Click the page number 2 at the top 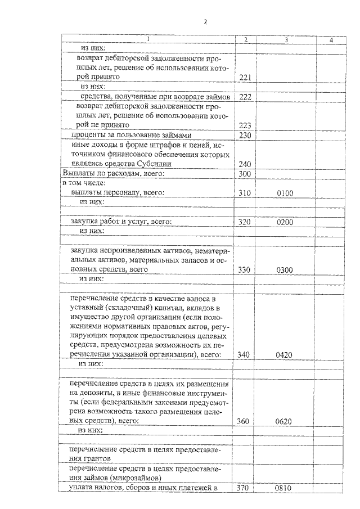[205, 22]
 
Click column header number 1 [147, 39]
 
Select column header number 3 [286, 39]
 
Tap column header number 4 [331, 39]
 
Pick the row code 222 [245, 97]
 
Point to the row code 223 [245, 125]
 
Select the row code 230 [245, 135]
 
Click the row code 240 [245, 164]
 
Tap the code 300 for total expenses [245, 174]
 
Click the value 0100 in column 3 [286, 193]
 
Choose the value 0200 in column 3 [286, 222]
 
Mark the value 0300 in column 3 [286, 270]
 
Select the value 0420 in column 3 [286, 355]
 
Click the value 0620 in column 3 [286, 421]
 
